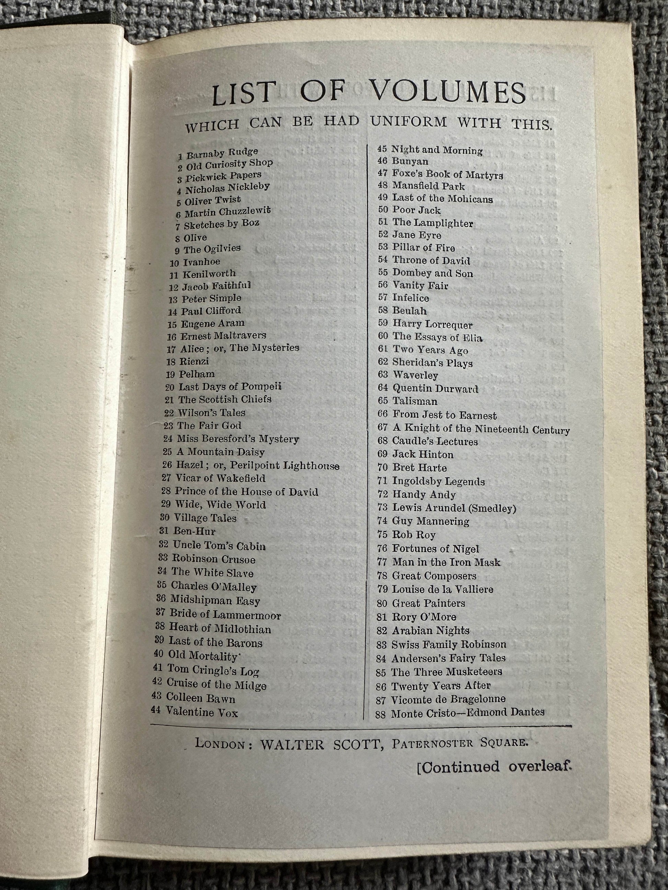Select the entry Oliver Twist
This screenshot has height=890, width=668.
point(212,200)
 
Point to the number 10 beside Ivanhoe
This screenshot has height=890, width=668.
point(174,263)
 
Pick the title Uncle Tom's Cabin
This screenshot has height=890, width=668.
point(219,546)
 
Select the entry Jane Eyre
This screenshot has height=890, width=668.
point(417,235)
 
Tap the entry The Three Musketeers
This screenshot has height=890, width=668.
point(447,672)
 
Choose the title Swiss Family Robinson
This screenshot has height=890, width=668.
point(449,644)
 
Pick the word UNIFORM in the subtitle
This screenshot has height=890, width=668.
point(408,121)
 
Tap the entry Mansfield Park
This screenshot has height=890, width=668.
point(428,186)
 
